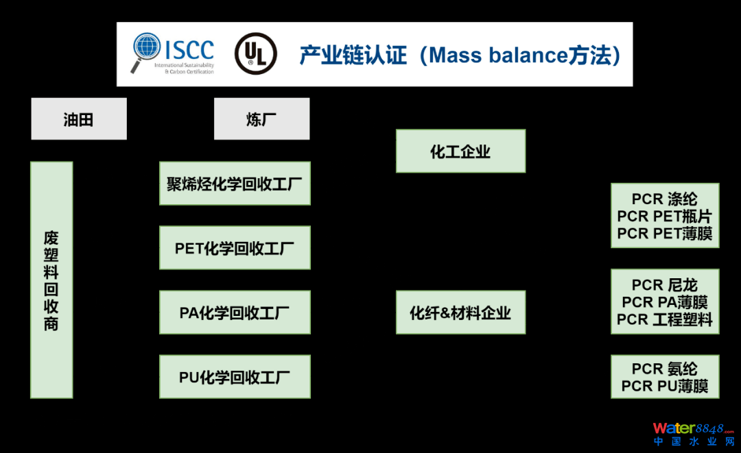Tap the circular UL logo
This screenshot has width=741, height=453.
coord(256,53)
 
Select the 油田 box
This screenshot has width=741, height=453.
coord(78,119)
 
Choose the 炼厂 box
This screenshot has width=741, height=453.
coord(261,119)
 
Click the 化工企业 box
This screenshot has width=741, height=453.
coord(460,151)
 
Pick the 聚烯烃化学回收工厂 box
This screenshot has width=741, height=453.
coord(235,184)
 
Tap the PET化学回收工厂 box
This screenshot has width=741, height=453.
coord(235,248)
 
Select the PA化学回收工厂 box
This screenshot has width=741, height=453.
coord(235,313)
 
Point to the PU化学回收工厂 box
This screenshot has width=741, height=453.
coord(235,377)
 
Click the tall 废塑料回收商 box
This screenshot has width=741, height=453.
coord(51,280)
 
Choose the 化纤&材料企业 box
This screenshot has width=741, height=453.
coord(460,313)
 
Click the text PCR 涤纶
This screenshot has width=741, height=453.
coord(664,199)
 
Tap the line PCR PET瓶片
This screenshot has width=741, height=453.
coord(664,217)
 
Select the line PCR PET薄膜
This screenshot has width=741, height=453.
coord(664,234)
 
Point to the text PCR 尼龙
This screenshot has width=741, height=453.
coord(664,285)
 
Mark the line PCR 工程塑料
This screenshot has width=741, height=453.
coord(664,319)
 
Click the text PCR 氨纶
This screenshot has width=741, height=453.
coord(664,369)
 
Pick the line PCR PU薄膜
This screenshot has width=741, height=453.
coord(664,387)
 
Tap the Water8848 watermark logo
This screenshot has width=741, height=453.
coord(693,434)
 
